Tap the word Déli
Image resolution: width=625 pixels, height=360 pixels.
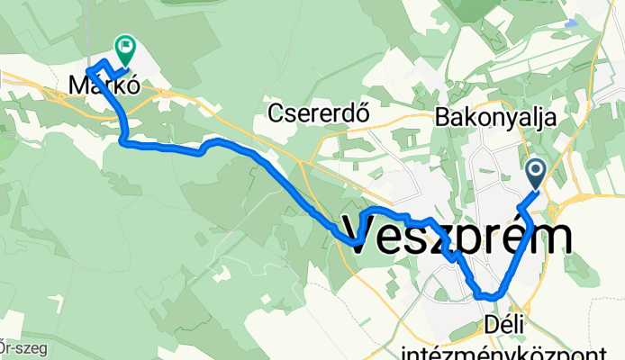(x=503, y=322)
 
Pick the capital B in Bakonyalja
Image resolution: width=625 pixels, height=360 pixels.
(x=441, y=117)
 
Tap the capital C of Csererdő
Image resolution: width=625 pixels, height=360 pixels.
(x=276, y=114)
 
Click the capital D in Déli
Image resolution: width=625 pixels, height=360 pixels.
(x=489, y=322)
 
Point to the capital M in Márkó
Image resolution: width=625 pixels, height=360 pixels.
(x=78, y=86)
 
